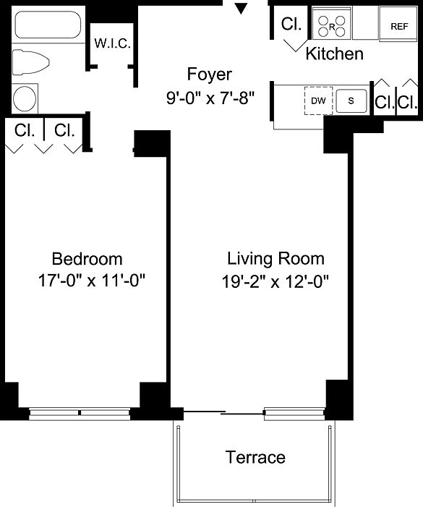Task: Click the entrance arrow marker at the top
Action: [x=241, y=9]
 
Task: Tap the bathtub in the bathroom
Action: [x=48, y=25]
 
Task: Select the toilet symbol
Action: [x=30, y=62]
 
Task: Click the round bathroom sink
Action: [x=25, y=98]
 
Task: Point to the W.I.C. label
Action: [x=113, y=43]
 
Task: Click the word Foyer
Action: [x=210, y=74]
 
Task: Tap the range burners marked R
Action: [x=332, y=26]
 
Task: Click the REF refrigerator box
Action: [x=398, y=26]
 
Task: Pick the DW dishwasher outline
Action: [x=318, y=101]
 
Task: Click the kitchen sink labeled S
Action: [x=351, y=101]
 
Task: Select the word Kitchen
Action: [x=335, y=54]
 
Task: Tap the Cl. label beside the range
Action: [x=291, y=24]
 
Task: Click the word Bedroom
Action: [x=87, y=259]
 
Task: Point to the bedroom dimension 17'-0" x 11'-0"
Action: [x=91, y=281]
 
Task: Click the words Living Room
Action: [x=275, y=259]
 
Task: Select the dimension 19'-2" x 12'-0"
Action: [x=275, y=281]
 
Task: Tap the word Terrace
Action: [x=255, y=457]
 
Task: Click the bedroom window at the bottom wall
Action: [x=80, y=413]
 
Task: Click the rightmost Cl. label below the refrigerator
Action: [x=407, y=103]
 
